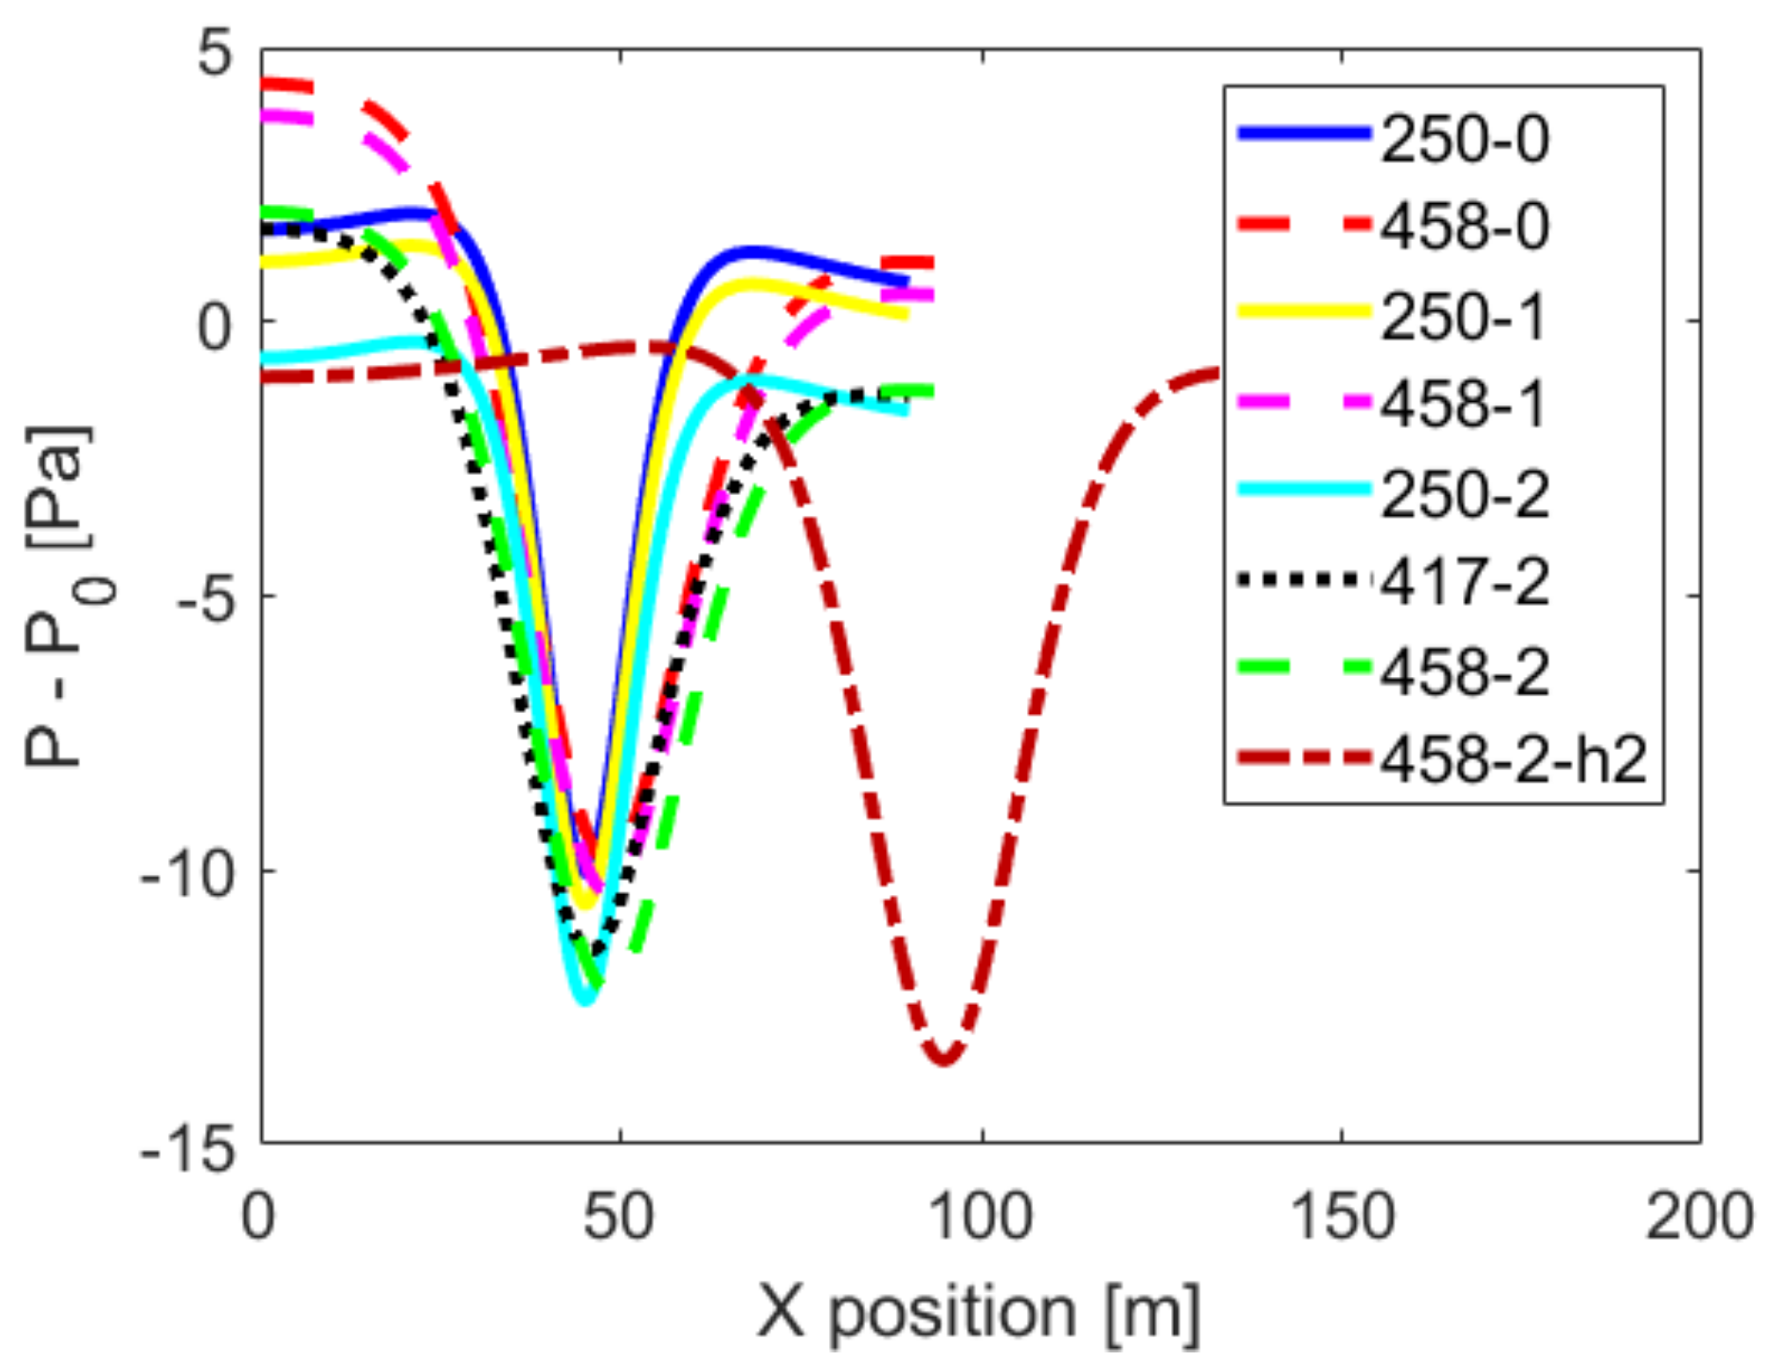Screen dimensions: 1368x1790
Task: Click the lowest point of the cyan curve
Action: pos(585,1001)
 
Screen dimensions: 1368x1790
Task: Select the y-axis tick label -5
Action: pos(205,599)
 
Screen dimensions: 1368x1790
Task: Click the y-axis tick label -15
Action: pos(188,1148)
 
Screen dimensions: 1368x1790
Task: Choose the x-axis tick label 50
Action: pos(620,1219)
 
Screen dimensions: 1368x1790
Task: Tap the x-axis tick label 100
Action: pos(981,1219)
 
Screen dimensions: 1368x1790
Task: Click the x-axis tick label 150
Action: pos(1342,1219)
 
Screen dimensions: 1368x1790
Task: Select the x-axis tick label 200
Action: pos(1699,1219)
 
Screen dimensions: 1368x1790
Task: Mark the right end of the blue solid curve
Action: pos(907,281)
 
